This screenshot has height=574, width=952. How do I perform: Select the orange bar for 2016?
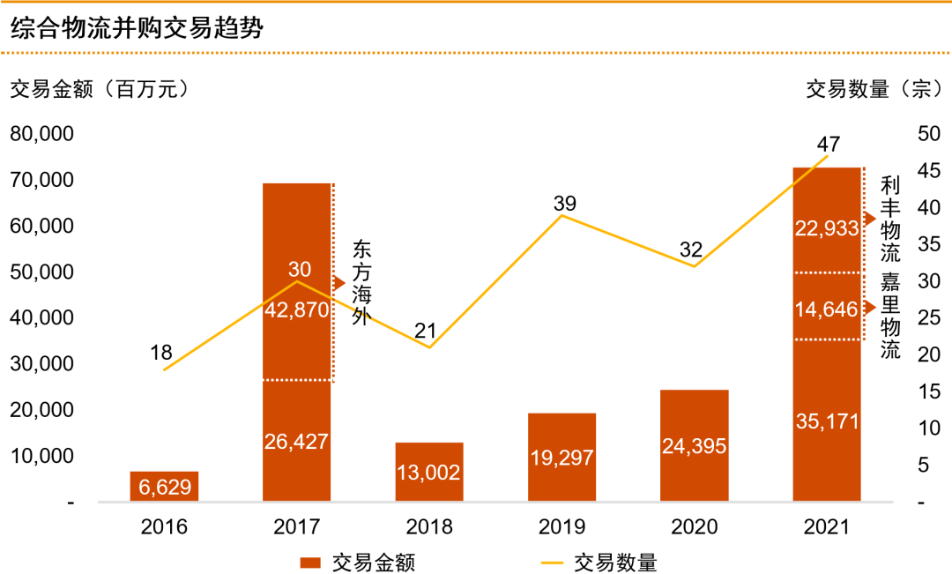point(164,486)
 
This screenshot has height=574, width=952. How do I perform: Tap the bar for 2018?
point(429,472)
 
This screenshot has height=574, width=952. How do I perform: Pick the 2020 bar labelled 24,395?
point(694,445)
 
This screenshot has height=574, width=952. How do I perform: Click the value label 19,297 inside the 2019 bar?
point(562,458)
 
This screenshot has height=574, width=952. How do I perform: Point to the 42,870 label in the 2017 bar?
point(296,309)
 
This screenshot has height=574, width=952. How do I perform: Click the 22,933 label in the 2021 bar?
point(826,228)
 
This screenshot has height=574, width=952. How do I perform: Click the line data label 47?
point(828,144)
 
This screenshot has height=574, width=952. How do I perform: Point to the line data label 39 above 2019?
point(565,204)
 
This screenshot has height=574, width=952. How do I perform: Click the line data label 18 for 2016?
point(161,353)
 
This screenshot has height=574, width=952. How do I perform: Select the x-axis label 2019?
point(562,527)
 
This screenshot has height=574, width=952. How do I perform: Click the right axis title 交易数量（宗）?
point(873,89)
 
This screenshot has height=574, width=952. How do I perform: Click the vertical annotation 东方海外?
point(361,282)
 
